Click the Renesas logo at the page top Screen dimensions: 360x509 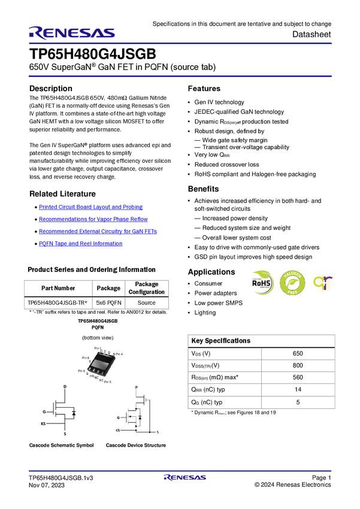click(x=72, y=33)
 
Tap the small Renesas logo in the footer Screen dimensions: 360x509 click(x=185, y=478)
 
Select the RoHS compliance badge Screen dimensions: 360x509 click(x=262, y=283)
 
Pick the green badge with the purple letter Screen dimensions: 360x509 click(x=324, y=283)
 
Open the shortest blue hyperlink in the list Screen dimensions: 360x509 click(x=80, y=244)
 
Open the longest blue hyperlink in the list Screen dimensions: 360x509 click(x=98, y=231)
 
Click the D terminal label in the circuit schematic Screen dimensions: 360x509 click(x=136, y=387)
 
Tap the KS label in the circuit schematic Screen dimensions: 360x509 click(x=118, y=431)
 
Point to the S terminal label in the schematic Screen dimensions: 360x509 click(x=157, y=431)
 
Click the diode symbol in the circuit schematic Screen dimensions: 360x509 click(x=140, y=417)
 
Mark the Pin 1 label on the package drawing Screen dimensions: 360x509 click(x=98, y=348)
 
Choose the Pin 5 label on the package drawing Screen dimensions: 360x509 click(x=109, y=381)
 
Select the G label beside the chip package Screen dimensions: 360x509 click(x=87, y=373)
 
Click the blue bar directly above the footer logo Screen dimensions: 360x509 click(x=180, y=471)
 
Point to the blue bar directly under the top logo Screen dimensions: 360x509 click(x=180, y=43)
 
